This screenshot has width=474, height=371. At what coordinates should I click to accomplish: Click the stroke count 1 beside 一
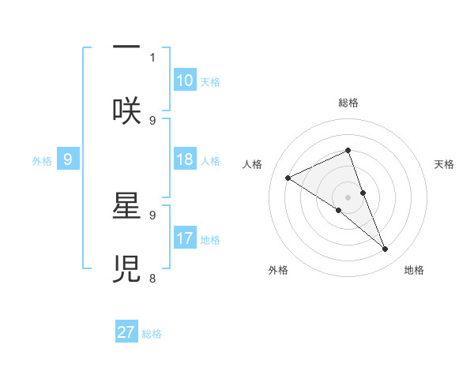(x=152, y=57)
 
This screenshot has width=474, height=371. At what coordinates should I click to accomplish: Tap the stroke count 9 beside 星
(x=152, y=213)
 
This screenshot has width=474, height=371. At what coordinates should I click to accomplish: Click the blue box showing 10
(x=185, y=81)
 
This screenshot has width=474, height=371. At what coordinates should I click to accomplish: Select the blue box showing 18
(x=185, y=159)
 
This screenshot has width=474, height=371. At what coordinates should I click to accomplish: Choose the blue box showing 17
(x=185, y=238)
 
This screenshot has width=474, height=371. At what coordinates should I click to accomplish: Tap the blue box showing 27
(x=126, y=332)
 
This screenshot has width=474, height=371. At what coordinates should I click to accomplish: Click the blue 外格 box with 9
(x=68, y=159)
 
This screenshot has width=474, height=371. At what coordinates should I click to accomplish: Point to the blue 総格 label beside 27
(x=152, y=334)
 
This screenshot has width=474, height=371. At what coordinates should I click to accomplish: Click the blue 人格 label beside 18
(x=210, y=161)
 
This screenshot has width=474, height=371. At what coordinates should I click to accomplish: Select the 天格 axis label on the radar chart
(x=444, y=164)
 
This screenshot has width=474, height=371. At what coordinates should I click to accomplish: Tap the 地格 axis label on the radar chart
(x=414, y=270)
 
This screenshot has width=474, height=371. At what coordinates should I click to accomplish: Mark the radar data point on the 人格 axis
(x=288, y=178)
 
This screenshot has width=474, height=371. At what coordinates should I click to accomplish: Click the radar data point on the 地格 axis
(x=386, y=249)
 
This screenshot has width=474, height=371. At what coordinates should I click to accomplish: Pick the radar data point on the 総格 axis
(x=348, y=150)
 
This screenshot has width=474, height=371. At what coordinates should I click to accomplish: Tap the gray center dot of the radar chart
(x=348, y=197)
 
